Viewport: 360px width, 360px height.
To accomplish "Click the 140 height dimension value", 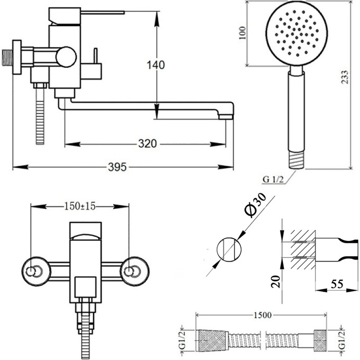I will pyautogui.click(x=156, y=65).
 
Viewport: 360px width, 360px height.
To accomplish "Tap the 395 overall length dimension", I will pyautogui.click(x=117, y=167).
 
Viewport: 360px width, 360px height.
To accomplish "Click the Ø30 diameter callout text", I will pyautogui.click(x=254, y=206).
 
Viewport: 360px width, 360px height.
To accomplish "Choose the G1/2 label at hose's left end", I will pyautogui.click(x=182, y=339).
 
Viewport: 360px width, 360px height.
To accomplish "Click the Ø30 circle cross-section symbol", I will pyautogui.click(x=228, y=249).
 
